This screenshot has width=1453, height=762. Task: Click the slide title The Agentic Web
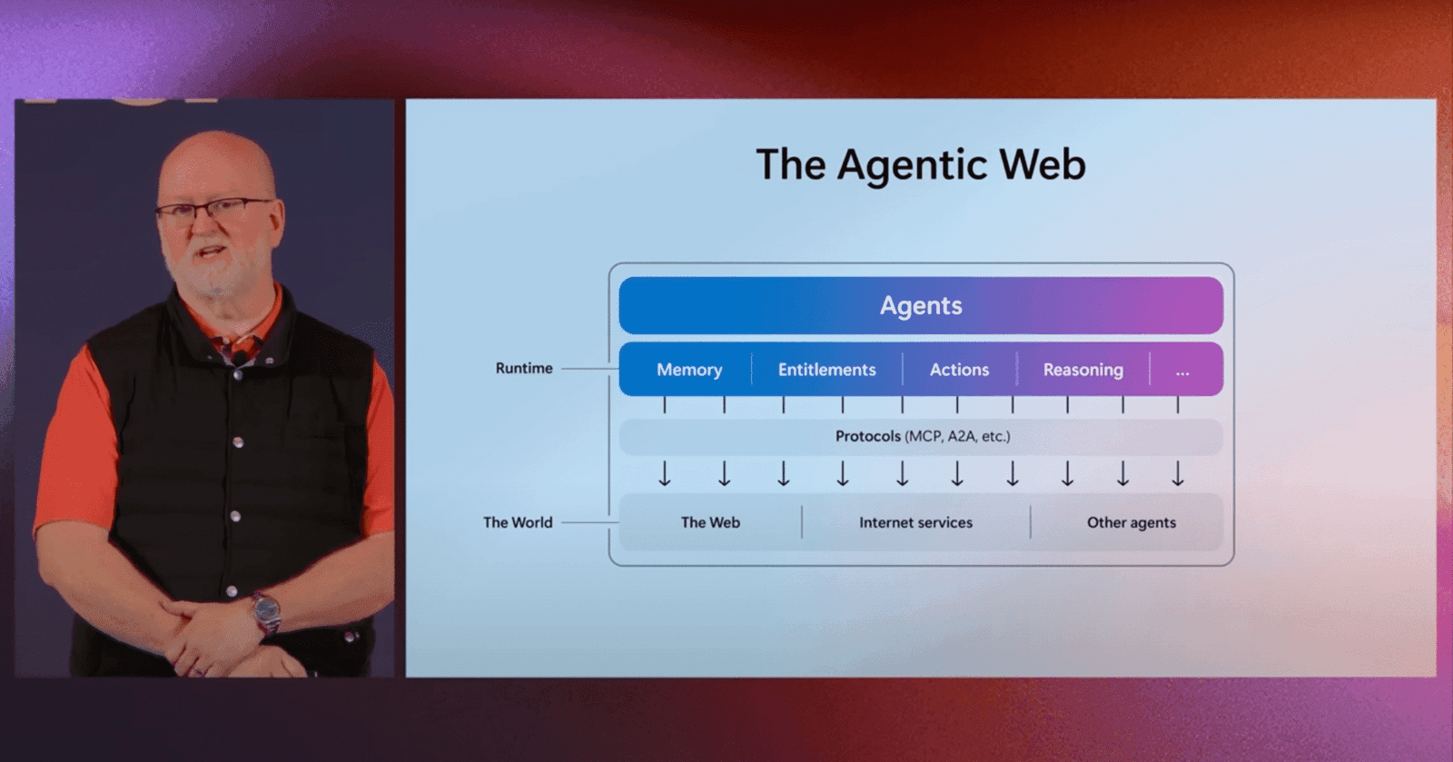tap(920, 165)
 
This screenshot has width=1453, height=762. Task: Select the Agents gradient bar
tap(920, 306)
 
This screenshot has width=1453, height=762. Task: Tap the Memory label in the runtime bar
tap(689, 370)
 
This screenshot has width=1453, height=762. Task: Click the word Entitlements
tap(826, 370)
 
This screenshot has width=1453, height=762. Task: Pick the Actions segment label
tap(959, 370)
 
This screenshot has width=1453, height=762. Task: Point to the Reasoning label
tap(1082, 370)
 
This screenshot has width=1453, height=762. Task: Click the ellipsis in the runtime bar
tap(1181, 371)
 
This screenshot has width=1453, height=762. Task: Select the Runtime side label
tap(524, 368)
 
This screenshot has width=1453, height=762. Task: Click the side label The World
tap(518, 522)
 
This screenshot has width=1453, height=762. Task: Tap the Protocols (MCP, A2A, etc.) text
tap(922, 436)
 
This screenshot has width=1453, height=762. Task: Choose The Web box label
tap(710, 522)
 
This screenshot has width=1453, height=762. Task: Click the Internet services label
tap(915, 522)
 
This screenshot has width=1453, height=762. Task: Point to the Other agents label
tap(1131, 522)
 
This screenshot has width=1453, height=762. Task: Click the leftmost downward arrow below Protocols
tap(665, 473)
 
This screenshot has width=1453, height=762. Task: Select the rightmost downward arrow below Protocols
tap(1178, 473)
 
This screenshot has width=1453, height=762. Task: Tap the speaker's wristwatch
tap(266, 612)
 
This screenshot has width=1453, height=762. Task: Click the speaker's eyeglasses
tap(213, 210)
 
